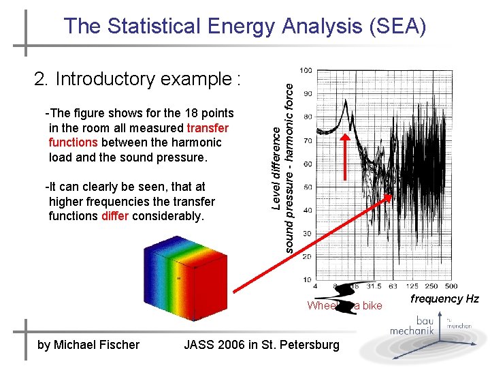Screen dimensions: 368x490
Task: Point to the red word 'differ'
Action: (115, 216)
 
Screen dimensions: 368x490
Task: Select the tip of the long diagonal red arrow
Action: (392, 196)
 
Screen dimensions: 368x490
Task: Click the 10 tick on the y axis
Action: (307, 279)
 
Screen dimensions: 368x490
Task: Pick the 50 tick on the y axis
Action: (307, 187)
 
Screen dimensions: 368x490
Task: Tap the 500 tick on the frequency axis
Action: (451, 286)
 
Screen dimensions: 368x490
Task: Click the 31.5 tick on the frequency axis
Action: (373, 286)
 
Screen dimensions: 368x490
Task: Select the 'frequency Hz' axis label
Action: (444, 299)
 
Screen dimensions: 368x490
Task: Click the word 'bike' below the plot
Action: (372, 305)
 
